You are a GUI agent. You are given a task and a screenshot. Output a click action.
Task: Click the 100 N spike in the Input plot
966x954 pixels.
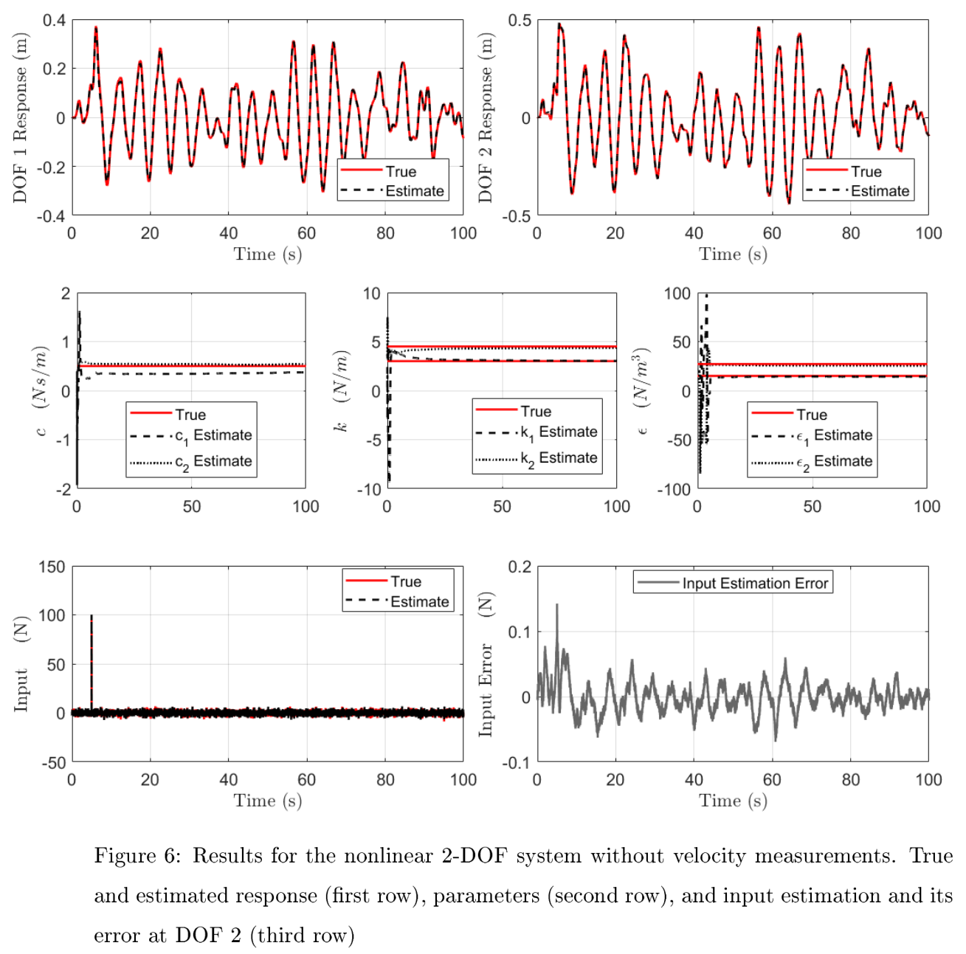[x=92, y=617]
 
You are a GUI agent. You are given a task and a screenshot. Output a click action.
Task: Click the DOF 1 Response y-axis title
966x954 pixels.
[x=20, y=118]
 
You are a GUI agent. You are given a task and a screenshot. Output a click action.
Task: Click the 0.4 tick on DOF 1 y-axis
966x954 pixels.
[x=54, y=21]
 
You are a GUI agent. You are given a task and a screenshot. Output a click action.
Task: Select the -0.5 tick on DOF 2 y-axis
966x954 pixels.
[x=516, y=216]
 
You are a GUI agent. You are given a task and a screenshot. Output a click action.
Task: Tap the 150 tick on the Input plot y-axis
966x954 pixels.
[x=52, y=567]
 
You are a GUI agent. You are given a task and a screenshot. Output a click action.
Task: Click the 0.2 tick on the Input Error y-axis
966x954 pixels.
[x=519, y=567]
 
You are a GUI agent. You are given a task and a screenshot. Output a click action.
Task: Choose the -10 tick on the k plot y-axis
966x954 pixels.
[x=371, y=489]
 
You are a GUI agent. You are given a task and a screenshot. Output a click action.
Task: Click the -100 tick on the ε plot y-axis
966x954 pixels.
[x=677, y=489]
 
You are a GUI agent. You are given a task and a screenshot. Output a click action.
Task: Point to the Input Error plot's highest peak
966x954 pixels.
[x=557, y=605]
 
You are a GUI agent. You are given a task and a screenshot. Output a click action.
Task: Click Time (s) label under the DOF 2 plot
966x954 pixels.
[x=733, y=255]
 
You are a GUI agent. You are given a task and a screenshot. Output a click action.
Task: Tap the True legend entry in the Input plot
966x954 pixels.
[x=405, y=581]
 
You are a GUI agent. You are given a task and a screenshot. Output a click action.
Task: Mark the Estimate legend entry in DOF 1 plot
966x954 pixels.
[x=414, y=191]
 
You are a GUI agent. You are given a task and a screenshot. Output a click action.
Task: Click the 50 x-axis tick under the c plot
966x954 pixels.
[x=191, y=507]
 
